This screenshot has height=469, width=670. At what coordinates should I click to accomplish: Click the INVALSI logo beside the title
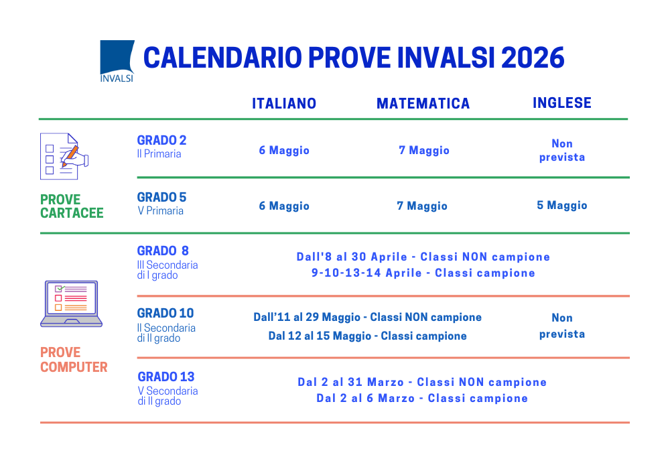117,61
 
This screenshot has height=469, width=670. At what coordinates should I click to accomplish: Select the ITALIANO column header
284,103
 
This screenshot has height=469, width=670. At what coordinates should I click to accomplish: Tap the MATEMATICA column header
423,103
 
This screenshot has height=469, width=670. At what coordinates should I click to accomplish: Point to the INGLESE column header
562,103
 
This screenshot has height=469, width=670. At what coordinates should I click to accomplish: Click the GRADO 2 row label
161,140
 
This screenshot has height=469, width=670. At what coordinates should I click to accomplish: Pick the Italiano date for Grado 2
284,150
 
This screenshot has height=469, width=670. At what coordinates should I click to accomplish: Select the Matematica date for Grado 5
422,206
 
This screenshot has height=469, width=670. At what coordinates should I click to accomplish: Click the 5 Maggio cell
562,206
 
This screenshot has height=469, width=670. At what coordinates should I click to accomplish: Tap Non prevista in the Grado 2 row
562,150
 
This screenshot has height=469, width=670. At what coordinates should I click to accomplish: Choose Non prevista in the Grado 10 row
562,326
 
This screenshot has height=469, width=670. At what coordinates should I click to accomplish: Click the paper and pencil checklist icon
64,156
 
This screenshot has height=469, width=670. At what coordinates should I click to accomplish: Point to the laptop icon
72,304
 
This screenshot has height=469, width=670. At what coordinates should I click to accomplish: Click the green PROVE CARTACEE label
72,206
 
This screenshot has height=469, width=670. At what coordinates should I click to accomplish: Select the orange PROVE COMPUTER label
74,360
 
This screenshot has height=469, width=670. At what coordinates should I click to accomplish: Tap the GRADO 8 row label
163,251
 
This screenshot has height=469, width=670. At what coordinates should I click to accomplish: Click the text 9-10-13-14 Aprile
366,273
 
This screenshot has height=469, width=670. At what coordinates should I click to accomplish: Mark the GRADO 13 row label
165,377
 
